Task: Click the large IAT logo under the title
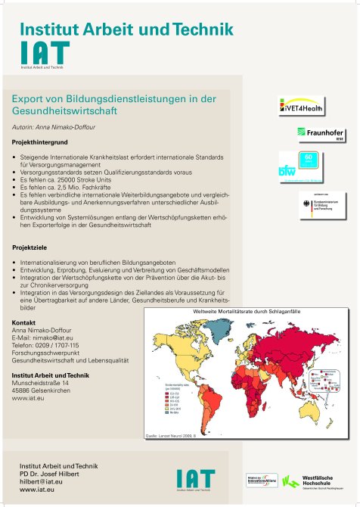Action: point(45,53)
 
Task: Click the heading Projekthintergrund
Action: point(41,142)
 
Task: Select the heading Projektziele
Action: point(31,247)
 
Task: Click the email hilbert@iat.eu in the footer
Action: point(41,481)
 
